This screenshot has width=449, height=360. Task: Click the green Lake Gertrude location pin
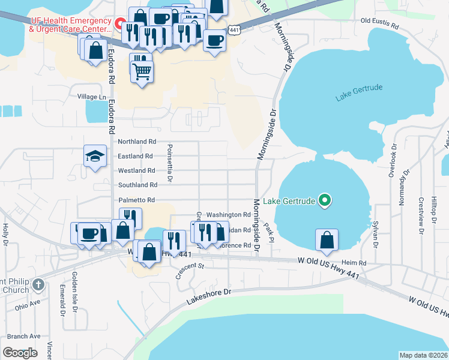325,200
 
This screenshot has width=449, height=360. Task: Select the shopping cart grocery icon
142,71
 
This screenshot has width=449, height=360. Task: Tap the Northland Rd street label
137,142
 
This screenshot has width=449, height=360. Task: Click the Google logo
20,352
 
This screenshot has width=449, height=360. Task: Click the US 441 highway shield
234,29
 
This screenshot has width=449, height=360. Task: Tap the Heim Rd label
354,263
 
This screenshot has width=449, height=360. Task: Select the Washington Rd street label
228,214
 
